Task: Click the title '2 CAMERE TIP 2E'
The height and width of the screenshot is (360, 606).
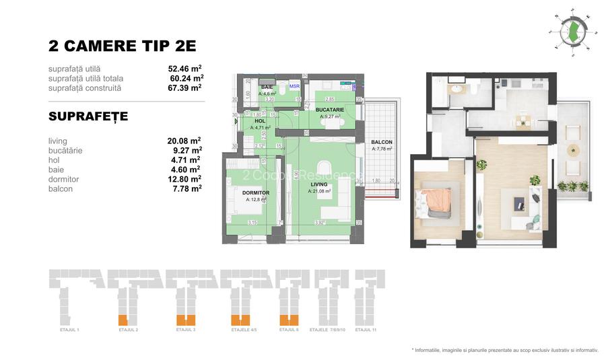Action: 122,46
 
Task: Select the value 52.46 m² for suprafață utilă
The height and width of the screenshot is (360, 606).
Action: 184,69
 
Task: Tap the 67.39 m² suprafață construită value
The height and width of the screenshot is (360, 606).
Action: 184,87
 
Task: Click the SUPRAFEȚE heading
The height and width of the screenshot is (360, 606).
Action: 88,117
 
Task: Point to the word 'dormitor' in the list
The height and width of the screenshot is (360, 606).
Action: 64,180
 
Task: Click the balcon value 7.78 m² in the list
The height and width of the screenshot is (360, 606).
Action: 187,189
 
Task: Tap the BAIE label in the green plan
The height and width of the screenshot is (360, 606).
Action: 267,87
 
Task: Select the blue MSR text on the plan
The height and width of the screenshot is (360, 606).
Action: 294,87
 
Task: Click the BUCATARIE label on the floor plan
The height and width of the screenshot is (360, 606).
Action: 331,110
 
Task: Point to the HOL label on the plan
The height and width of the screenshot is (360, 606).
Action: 260,121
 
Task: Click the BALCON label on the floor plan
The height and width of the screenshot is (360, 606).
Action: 381,143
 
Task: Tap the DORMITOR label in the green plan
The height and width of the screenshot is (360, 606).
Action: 256,193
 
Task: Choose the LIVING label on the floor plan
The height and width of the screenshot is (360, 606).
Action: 318,184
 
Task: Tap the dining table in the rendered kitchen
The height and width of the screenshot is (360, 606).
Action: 523,120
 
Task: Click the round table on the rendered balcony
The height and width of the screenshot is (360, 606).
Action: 573,150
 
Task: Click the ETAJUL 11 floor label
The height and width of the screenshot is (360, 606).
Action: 366,330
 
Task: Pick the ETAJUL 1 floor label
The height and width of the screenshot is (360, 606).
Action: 69,330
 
